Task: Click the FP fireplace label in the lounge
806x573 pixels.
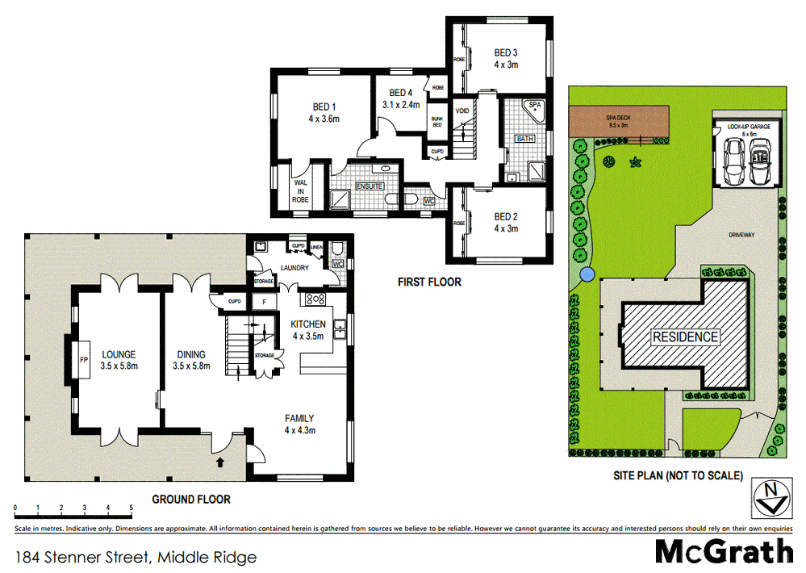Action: pyautogui.click(x=83, y=361)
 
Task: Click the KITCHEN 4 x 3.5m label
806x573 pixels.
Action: pyautogui.click(x=308, y=330)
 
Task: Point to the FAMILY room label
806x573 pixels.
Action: pyautogui.click(x=299, y=425)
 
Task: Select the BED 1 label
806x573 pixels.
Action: pyautogui.click(x=324, y=112)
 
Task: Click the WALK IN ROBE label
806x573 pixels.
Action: pyautogui.click(x=301, y=190)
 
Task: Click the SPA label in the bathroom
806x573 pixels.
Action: pyautogui.click(x=534, y=106)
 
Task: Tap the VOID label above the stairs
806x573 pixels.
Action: pyautogui.click(x=462, y=111)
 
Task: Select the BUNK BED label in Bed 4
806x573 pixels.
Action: pyautogui.click(x=436, y=120)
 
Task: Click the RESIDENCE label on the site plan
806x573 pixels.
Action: pyautogui.click(x=684, y=337)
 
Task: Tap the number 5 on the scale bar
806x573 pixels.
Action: pyautogui.click(x=132, y=508)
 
